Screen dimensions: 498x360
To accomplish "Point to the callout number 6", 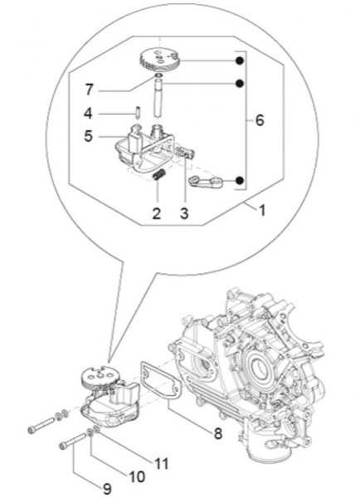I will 259,121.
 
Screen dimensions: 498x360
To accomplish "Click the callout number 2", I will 155,213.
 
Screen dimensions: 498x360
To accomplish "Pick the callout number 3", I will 184,213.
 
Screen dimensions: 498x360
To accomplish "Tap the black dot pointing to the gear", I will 239,61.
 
